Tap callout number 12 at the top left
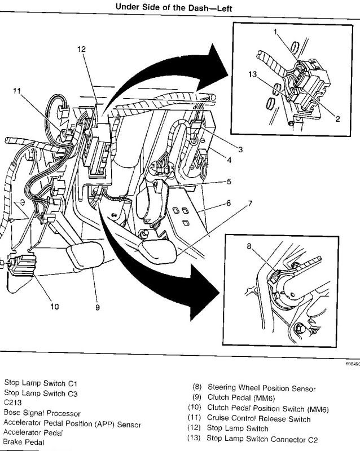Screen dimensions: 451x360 pyautogui.click(x=82, y=50)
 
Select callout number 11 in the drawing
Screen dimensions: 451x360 pyautogui.click(x=17, y=90)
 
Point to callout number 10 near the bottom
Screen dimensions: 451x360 pyautogui.click(x=55, y=307)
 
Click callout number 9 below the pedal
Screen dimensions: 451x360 pyautogui.click(x=98, y=308)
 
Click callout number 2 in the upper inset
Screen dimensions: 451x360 pyautogui.click(x=337, y=118)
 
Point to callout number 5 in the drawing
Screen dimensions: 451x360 pyautogui.click(x=229, y=182)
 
